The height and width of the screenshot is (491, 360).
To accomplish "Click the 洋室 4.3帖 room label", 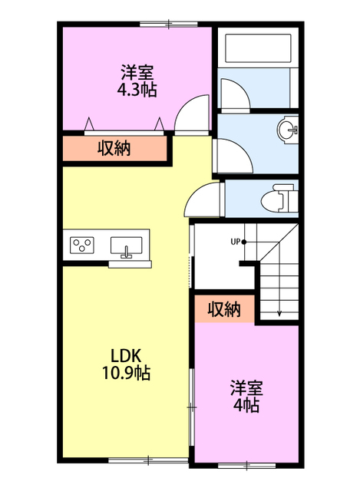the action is (137, 81).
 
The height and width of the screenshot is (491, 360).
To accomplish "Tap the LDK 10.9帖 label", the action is (126, 364).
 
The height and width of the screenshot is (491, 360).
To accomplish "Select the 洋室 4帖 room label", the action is (246, 397).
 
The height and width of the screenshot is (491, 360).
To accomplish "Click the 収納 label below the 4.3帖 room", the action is (114, 148).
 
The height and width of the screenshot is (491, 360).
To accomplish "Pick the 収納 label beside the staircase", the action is (224, 309).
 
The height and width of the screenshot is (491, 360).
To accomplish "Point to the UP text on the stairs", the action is (236, 242).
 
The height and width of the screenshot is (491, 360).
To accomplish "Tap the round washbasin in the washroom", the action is (287, 129).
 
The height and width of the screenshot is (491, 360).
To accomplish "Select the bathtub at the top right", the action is (258, 48).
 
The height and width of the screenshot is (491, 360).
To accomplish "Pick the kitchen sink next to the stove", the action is (126, 245).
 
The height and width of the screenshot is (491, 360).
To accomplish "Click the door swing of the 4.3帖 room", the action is (192, 114).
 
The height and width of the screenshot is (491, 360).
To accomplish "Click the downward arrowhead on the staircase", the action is (279, 313).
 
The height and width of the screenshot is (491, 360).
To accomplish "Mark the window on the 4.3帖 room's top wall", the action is (169, 24).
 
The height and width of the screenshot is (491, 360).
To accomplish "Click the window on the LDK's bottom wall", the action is (148, 460).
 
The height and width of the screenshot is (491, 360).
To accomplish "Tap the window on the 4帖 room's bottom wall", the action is (246, 466).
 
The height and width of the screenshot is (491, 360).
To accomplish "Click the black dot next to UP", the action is (244, 242).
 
